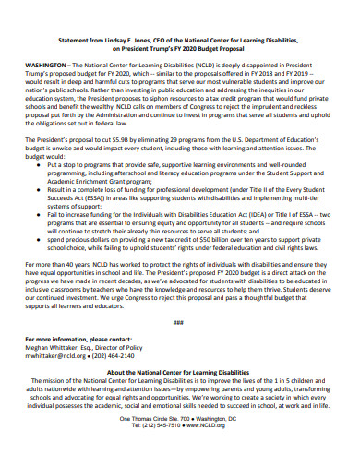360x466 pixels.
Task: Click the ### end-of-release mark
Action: click(x=179, y=321)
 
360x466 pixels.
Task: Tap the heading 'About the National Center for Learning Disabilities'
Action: click(x=180, y=371)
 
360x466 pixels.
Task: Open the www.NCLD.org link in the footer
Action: click(x=206, y=426)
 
